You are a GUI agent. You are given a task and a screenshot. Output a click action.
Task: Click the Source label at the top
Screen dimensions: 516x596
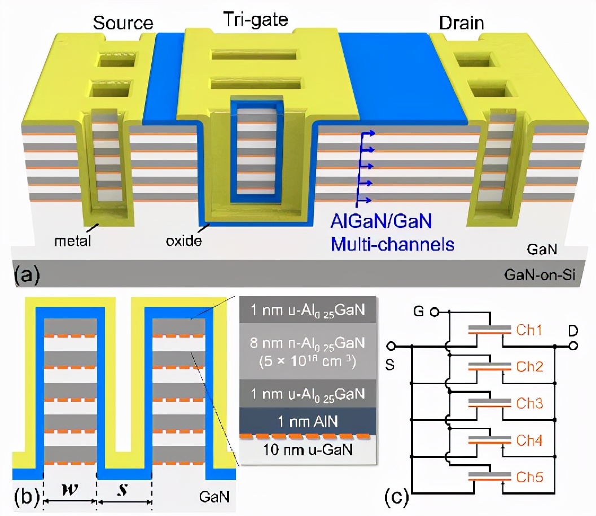coord(123,23)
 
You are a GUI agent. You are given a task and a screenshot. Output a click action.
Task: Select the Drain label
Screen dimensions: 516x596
coord(462,23)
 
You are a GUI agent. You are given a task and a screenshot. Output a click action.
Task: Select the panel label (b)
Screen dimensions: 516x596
coord(27,497)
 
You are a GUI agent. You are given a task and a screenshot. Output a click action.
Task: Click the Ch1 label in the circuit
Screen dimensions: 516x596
coord(531,330)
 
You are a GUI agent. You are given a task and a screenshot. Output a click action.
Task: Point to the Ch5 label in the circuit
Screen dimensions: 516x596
coord(531,477)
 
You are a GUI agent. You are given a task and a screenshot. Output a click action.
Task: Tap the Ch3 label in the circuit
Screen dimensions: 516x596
coord(531,404)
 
